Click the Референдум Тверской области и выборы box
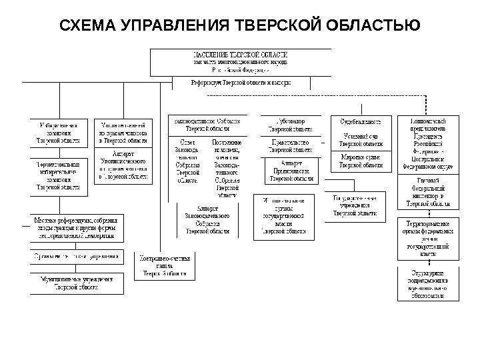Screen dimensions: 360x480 coord(241,83)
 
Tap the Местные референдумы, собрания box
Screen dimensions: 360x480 coord(78,227)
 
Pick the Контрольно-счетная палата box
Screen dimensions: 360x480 coord(165,265)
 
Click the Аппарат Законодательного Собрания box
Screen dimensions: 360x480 coord(207,220)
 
